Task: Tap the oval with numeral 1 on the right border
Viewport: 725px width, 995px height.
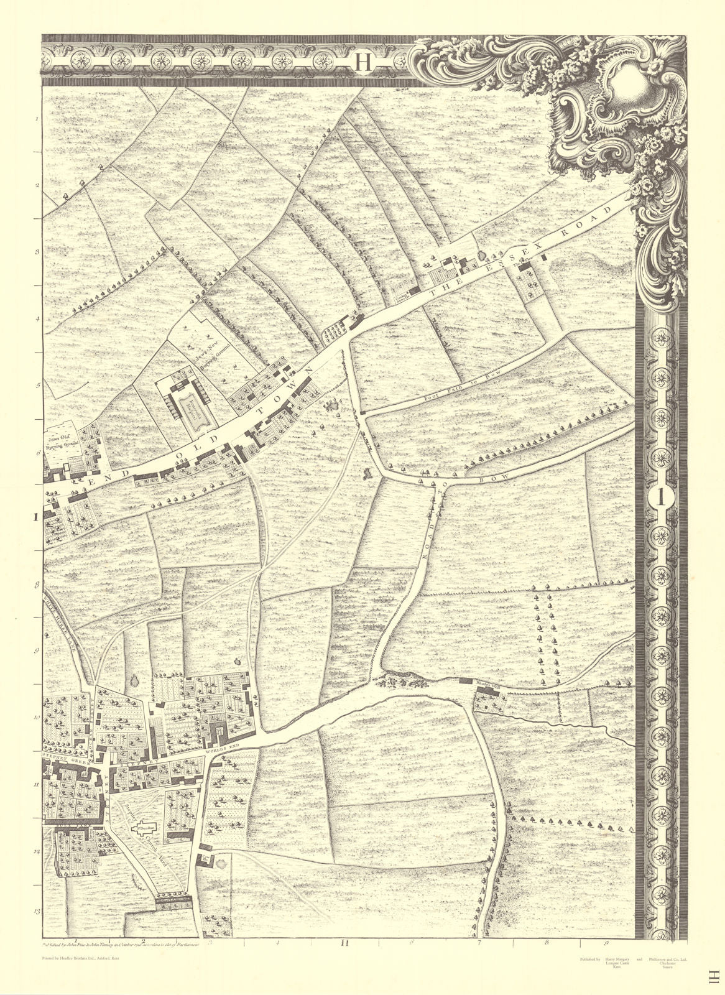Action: [662, 498]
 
